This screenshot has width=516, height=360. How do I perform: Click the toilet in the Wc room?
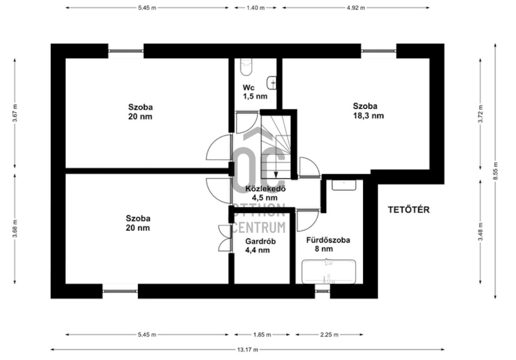(246, 67)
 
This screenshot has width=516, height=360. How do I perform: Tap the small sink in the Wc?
(272, 83)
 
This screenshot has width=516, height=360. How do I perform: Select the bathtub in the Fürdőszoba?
(329, 272)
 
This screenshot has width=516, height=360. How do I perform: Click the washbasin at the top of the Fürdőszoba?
(344, 185)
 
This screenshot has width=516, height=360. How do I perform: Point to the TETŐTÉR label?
(409, 210)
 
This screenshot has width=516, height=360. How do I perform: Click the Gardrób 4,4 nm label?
(261, 246)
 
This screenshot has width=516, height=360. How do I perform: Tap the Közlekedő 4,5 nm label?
(265, 193)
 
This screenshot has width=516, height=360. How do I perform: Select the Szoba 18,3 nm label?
(368, 110)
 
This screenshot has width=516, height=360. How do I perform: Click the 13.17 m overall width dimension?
(248, 350)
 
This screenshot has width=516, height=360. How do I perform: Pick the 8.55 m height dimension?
(495, 171)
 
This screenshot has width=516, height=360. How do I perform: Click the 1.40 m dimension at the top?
(255, 8)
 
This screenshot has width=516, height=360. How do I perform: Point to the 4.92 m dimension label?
(356, 8)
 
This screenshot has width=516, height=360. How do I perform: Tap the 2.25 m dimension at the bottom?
(329, 335)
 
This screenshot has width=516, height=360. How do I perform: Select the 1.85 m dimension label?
(262, 335)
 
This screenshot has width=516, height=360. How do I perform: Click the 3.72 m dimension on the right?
(481, 114)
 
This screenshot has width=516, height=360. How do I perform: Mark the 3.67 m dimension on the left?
(15, 113)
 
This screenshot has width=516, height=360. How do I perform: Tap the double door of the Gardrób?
(225, 239)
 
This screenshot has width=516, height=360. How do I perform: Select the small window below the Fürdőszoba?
(322, 291)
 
